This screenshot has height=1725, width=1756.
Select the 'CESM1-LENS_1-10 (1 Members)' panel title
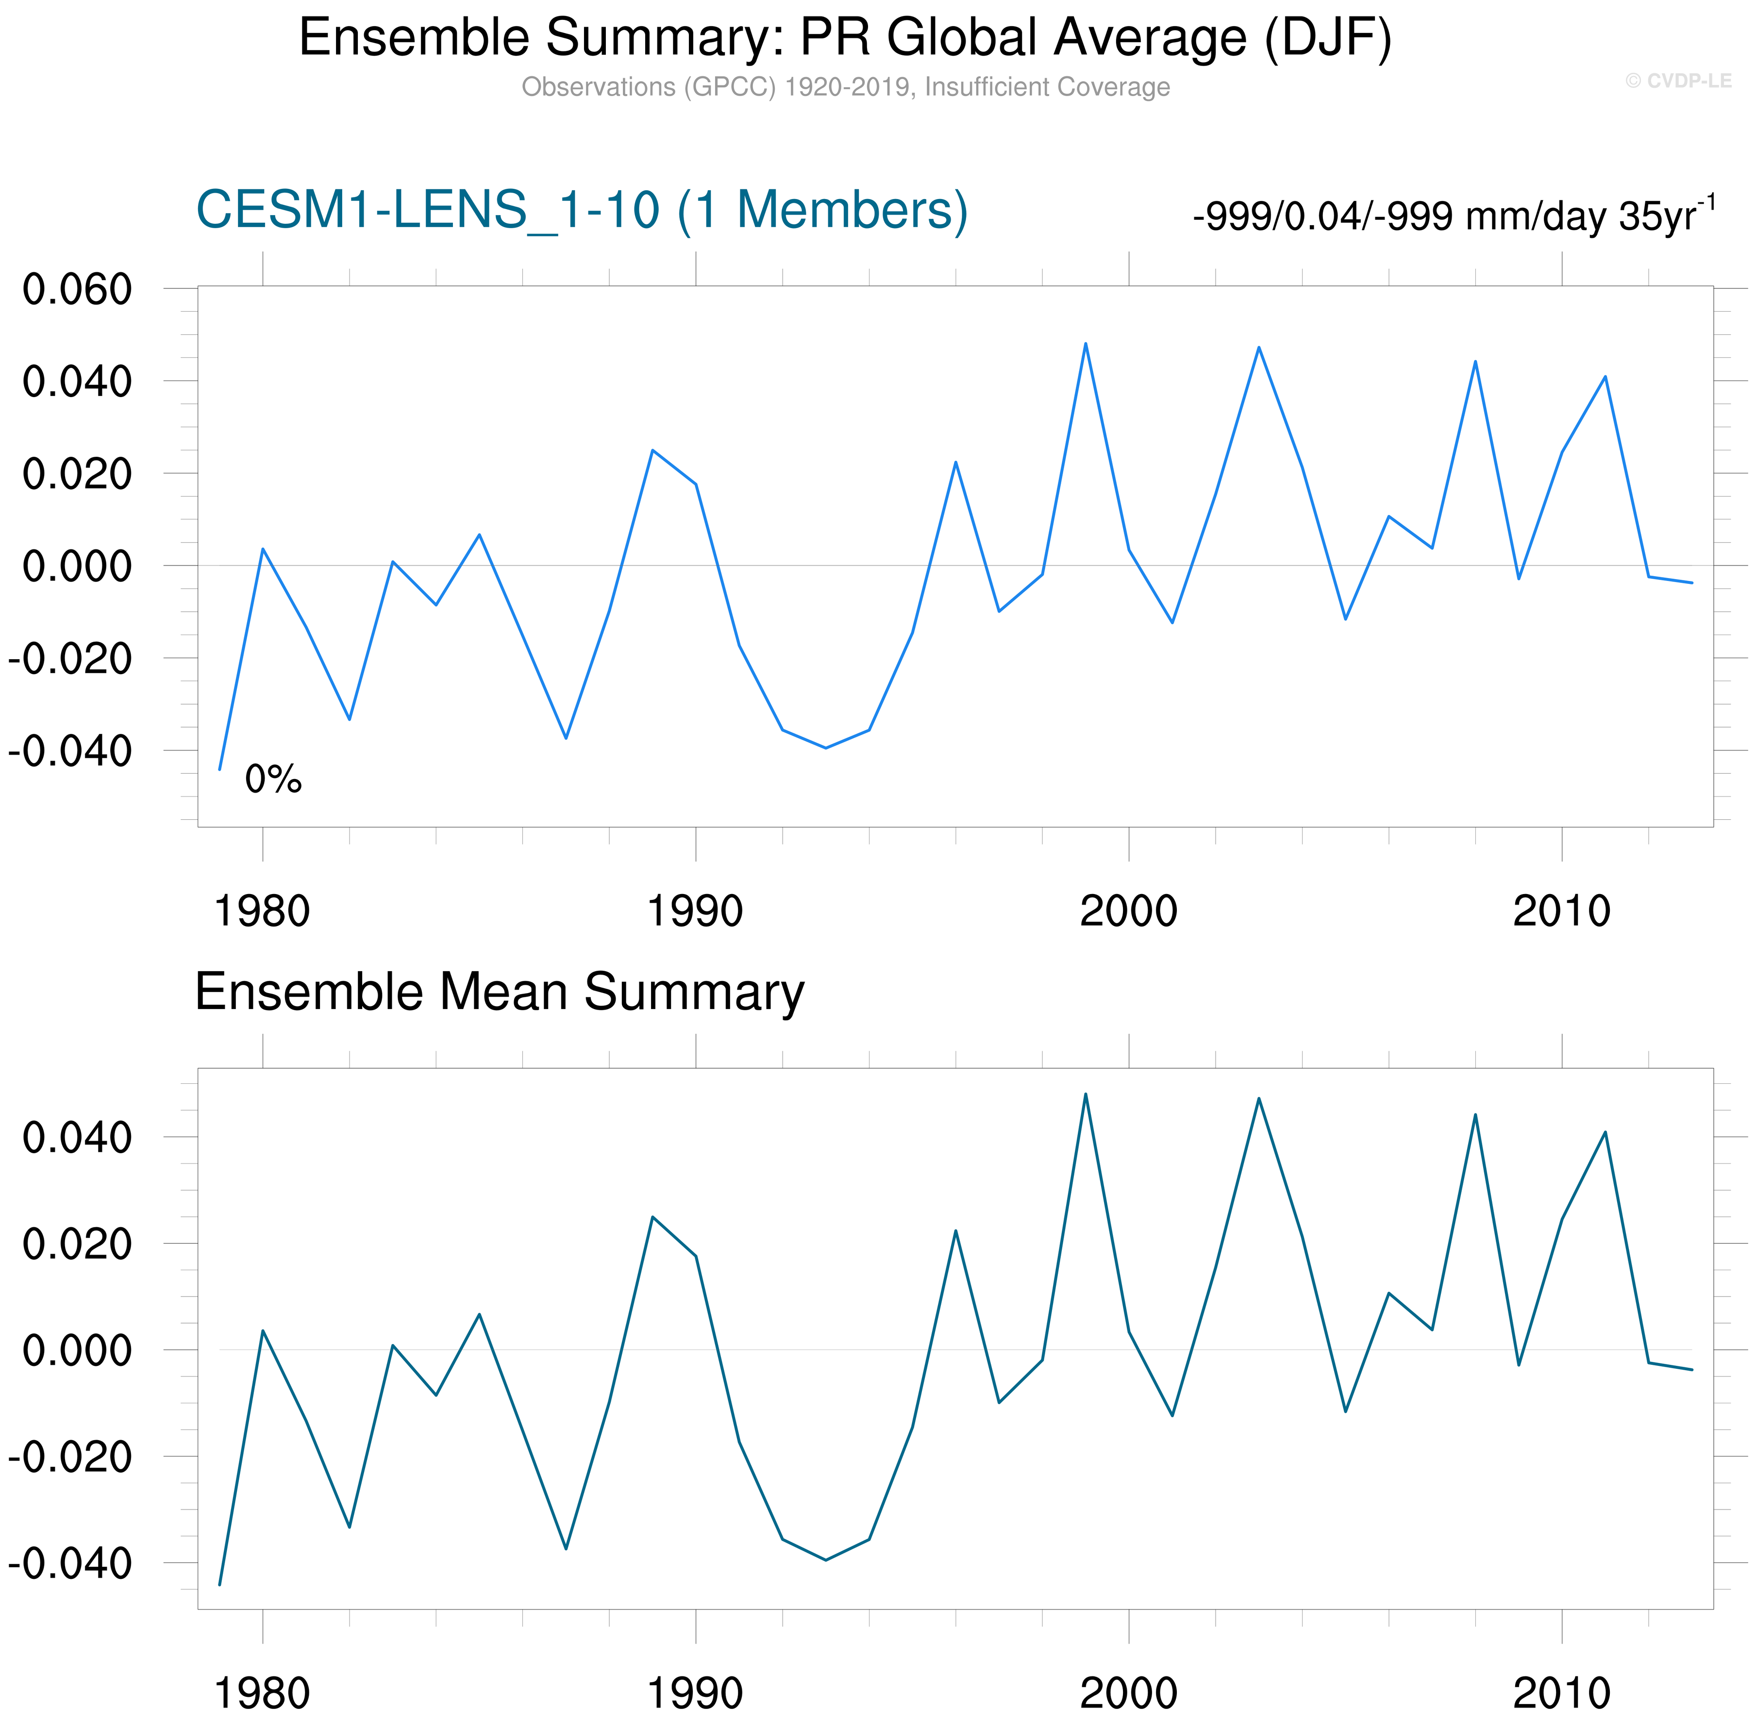click(582, 210)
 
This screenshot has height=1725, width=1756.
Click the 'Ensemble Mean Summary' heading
click(499, 992)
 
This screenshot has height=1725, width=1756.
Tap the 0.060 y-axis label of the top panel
click(77, 290)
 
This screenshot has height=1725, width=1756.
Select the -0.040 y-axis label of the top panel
click(70, 751)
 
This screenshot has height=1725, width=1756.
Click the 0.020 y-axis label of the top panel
click(77, 474)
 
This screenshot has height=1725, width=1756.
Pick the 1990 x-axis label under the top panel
click(695, 912)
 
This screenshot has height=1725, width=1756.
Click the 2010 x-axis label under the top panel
click(1561, 912)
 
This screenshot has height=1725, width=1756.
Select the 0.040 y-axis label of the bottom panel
click(77, 1137)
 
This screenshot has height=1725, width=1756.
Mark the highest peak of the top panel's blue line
click(1086, 343)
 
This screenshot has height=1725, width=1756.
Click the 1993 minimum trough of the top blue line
click(825, 747)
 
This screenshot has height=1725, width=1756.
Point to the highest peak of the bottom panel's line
click(1086, 1095)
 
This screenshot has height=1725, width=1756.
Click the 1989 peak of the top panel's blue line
click(652, 450)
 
